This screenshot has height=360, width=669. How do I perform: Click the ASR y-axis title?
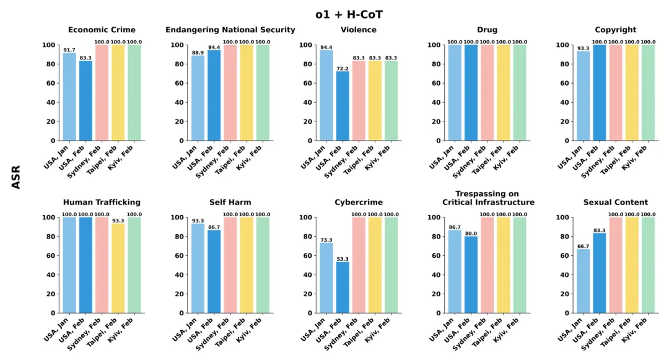pyautogui.click(x=16, y=177)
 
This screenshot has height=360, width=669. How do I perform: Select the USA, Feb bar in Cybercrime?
pyautogui.click(x=342, y=288)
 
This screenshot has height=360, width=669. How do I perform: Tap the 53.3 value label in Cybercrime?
pyautogui.click(x=342, y=258)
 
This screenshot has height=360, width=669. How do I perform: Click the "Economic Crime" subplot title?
pyautogui.click(x=102, y=30)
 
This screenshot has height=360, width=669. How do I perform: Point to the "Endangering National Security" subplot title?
pyautogui.click(x=230, y=30)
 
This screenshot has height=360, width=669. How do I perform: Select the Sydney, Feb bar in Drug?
pyautogui.click(x=487, y=93)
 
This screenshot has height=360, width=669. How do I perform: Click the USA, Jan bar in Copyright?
pyautogui.click(x=584, y=96)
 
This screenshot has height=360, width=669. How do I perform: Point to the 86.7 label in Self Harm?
pyautogui.click(x=214, y=227)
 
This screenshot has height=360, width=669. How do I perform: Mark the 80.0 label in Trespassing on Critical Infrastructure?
pyautogui.click(x=471, y=233)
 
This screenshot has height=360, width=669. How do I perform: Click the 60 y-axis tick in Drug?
pyautogui.click(x=424, y=83)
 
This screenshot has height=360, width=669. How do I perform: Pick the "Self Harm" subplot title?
pyautogui.click(x=230, y=202)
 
